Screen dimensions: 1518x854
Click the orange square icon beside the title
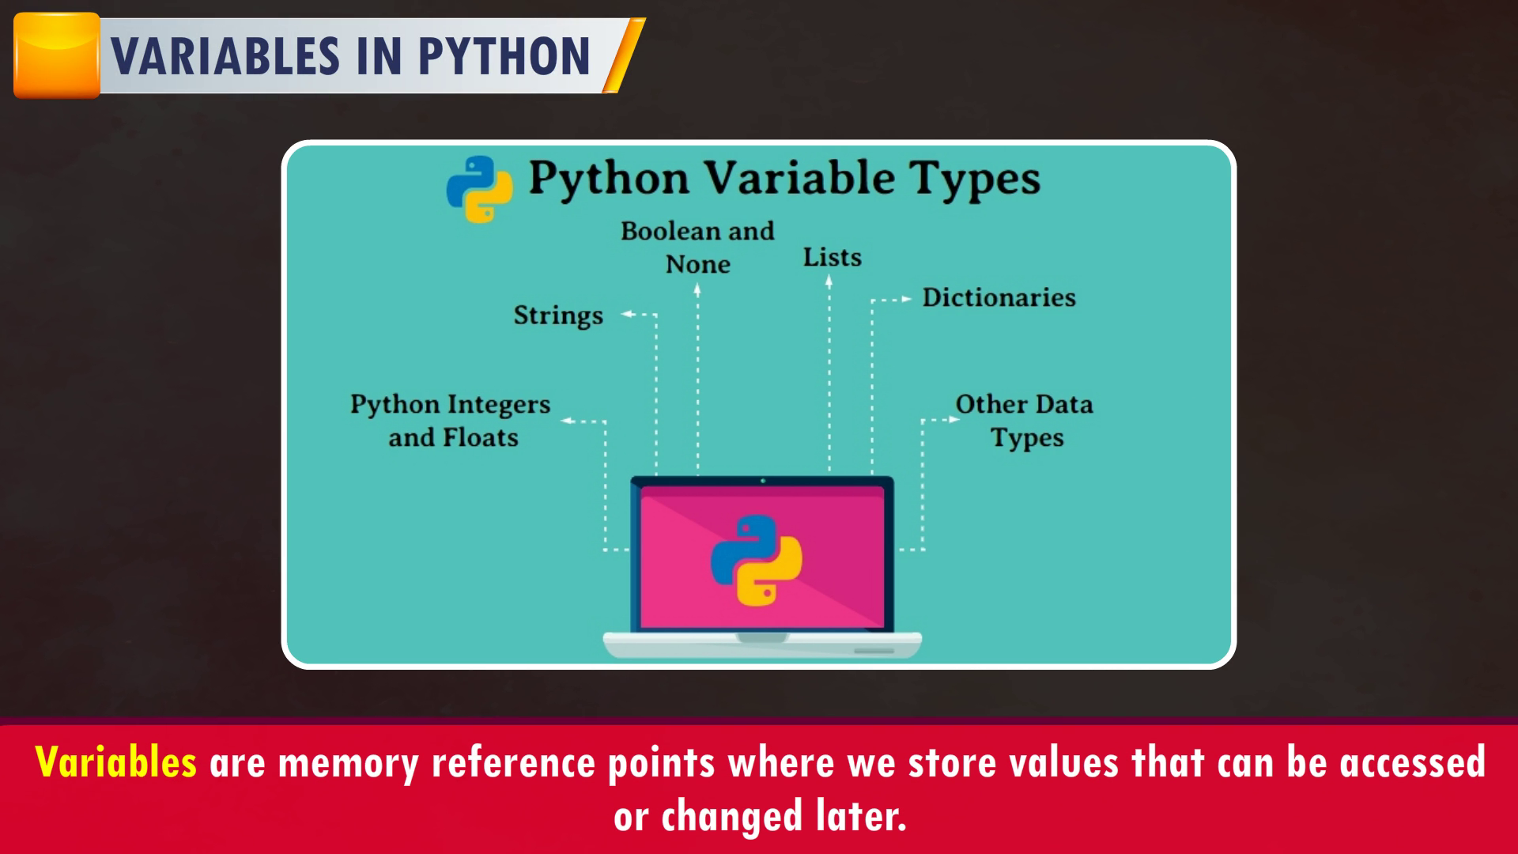[57, 55]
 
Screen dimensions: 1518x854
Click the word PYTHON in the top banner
[504, 55]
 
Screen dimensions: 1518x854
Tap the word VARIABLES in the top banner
[225, 55]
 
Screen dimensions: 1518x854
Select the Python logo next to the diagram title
[479, 188]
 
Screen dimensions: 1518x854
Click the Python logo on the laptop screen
[757, 561]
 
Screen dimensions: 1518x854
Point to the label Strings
[558, 316]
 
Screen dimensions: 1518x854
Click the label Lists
[833, 257]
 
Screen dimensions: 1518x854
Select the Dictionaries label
[999, 297]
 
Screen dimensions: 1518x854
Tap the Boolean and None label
[697, 248]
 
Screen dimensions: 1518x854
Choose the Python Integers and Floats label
[451, 421]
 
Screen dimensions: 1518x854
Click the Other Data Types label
[1025, 421]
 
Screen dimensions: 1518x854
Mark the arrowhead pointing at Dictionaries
[906, 300]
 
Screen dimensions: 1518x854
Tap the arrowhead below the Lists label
[829, 281]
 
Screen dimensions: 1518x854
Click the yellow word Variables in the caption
[116, 762]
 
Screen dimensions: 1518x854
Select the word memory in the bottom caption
[348, 764]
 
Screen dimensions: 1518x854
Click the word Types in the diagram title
[974, 179]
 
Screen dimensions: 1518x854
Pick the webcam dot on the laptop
[762, 481]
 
